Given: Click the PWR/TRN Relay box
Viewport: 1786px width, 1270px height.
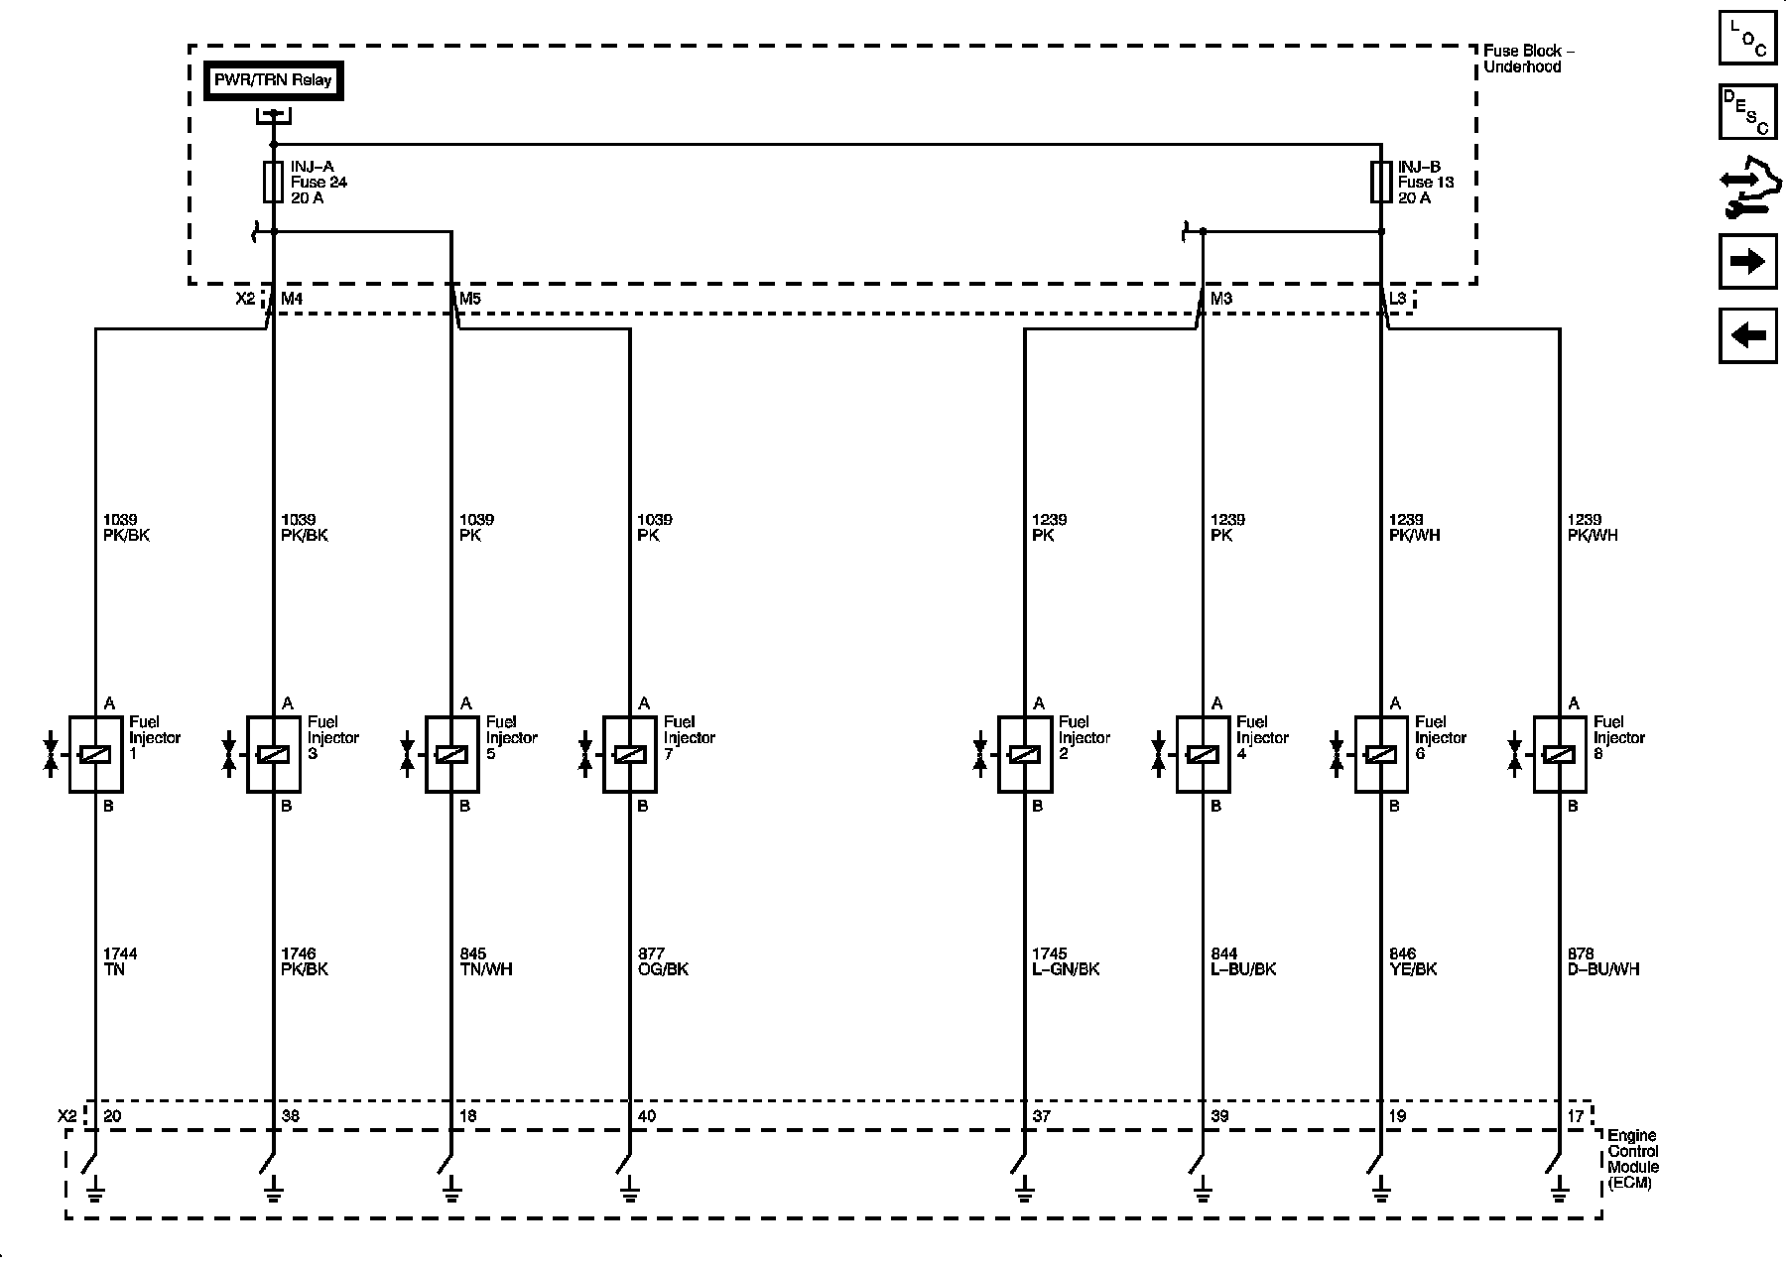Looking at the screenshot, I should click(x=273, y=80).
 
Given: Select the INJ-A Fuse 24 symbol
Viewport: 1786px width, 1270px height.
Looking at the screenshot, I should click(x=273, y=182).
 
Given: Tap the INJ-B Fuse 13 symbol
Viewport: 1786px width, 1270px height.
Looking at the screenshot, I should click(x=1380, y=182).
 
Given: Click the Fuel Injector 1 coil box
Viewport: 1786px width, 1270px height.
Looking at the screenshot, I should click(x=95, y=755).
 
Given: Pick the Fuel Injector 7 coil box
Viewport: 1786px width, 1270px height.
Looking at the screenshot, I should click(x=630, y=755).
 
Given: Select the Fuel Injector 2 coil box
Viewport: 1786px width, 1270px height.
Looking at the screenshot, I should click(x=1024, y=755).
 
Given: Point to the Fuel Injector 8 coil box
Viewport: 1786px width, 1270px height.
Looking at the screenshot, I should click(x=1560, y=755).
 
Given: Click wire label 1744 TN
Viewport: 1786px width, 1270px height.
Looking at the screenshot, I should click(x=120, y=961).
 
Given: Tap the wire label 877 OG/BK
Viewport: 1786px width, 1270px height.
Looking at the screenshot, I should click(x=663, y=961).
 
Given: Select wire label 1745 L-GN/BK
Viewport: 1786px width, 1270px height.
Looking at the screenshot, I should click(x=1066, y=961).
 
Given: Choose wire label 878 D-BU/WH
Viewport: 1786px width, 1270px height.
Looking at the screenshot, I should click(x=1603, y=961).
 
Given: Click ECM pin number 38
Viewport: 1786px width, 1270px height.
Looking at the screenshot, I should click(x=291, y=1116).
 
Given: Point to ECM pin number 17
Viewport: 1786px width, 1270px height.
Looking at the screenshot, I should click(x=1576, y=1116).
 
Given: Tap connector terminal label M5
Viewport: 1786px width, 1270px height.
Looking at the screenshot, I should click(x=470, y=298).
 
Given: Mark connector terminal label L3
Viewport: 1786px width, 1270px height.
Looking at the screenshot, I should click(x=1397, y=298).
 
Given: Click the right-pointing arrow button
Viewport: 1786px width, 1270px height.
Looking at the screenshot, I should click(x=1747, y=262).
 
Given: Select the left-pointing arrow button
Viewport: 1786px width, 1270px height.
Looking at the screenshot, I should click(x=1747, y=335).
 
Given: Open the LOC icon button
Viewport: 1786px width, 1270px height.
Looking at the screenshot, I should click(x=1747, y=38).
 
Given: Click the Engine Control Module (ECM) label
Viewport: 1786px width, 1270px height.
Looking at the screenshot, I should click(x=1633, y=1160).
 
